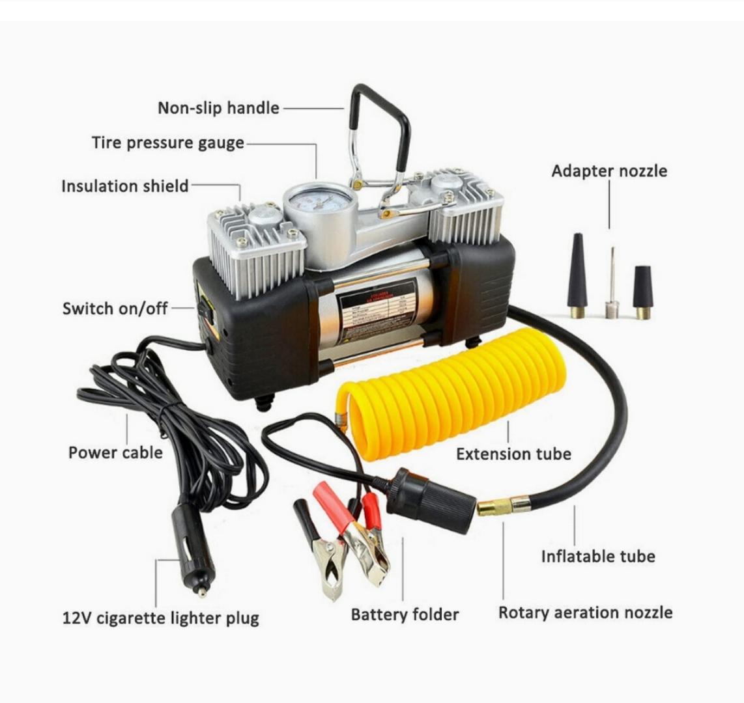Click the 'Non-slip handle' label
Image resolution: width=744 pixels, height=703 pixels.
coord(218,108)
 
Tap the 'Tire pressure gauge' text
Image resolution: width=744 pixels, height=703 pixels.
coord(167,143)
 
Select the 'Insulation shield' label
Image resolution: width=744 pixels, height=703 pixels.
coord(124,186)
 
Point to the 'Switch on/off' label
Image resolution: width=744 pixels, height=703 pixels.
coord(115,309)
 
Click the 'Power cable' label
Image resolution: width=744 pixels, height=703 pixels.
coord(115,452)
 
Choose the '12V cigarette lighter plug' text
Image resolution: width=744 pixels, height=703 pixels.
coord(160,618)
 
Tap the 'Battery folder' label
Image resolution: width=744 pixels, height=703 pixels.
coord(405,614)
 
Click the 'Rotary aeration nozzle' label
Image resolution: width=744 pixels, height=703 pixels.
coord(585,613)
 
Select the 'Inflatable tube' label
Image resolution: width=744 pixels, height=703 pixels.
coord(597,557)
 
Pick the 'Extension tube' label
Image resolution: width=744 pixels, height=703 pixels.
coord(513,454)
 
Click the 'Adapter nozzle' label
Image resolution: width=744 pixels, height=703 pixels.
coord(609,171)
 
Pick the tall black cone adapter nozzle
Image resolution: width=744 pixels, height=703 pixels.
coord(577,273)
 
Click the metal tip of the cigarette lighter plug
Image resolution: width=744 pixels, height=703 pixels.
coord(203,592)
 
